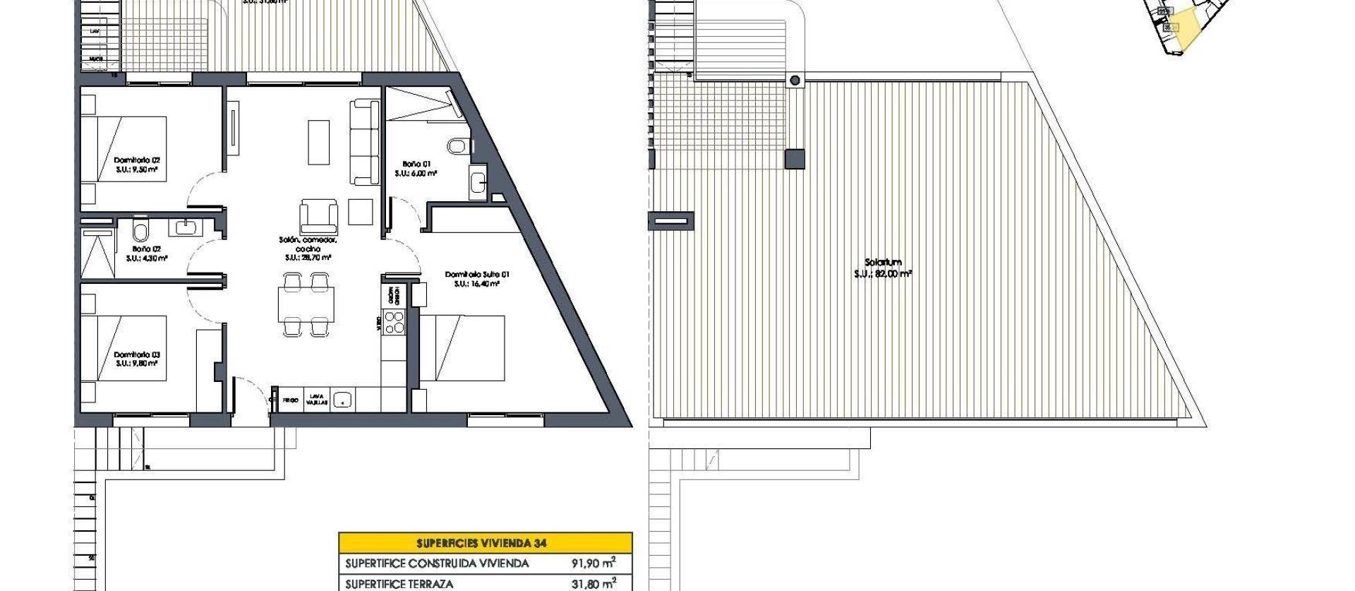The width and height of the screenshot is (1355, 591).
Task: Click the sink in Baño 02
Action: click(187, 227)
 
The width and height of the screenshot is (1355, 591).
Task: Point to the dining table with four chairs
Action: click(306, 306)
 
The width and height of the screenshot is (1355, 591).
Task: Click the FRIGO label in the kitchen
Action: click(290, 400)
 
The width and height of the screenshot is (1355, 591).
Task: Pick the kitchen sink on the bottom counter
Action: click(342, 400)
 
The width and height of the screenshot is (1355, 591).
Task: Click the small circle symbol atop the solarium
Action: click(795, 80)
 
